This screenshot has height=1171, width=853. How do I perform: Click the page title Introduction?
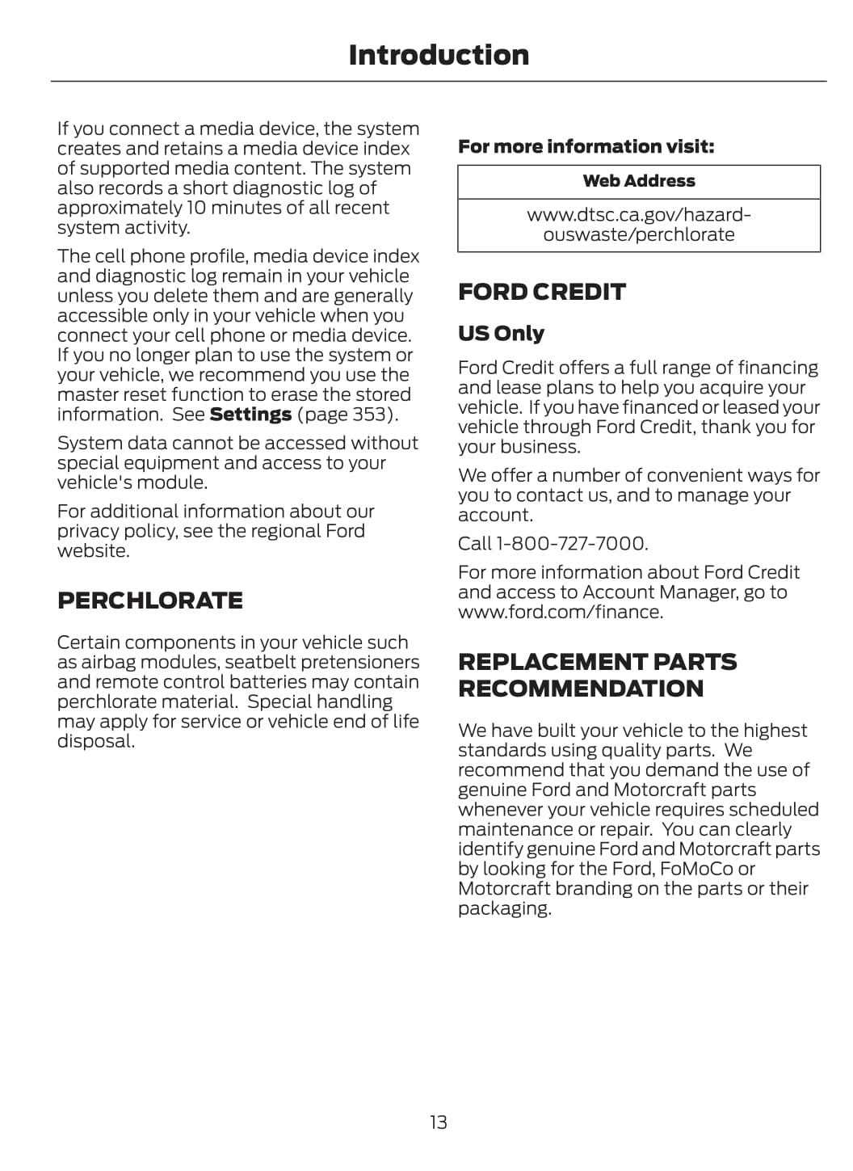point(439,55)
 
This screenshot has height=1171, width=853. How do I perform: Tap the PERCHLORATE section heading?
point(149,600)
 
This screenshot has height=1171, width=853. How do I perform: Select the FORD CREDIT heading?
point(541,292)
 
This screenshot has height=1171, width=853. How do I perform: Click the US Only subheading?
point(501,333)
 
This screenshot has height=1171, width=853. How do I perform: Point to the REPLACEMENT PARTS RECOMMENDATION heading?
point(597,675)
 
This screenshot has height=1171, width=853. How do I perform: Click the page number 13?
point(438,1122)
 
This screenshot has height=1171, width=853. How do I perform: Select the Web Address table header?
point(639,181)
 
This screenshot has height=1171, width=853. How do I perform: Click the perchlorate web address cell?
point(639,225)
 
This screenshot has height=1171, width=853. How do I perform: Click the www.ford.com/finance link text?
point(559,612)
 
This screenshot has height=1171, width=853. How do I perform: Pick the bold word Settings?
point(250,415)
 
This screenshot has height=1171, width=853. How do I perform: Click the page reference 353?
point(370,415)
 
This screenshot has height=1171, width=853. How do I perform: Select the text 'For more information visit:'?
point(586,146)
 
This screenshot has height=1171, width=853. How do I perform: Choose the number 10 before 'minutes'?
point(196,208)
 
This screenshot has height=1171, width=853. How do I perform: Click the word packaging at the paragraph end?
point(503,908)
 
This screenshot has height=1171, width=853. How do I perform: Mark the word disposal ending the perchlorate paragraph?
point(95,741)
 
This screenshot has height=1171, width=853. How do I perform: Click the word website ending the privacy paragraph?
point(92,551)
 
